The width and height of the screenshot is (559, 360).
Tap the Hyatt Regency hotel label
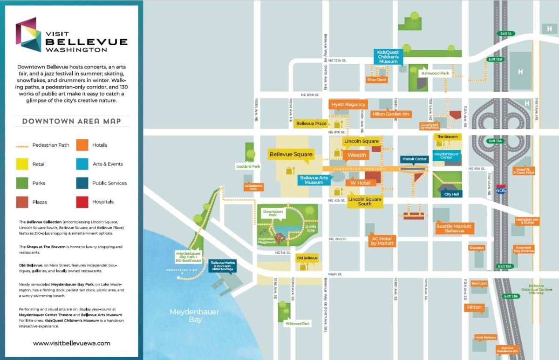(x=348, y=105)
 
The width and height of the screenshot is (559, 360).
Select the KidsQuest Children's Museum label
(x=388, y=56)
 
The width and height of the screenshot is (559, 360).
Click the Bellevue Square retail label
(x=291, y=154)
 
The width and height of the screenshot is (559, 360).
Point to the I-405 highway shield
(x=501, y=189)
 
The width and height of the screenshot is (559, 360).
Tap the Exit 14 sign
(x=505, y=34)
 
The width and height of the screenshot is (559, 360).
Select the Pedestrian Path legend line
(x=22, y=145)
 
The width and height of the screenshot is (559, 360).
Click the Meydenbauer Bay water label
(x=194, y=315)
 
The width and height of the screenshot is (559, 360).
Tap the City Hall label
(x=451, y=194)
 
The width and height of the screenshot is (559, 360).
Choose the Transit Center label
(x=414, y=159)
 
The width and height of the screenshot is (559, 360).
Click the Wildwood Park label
(x=297, y=323)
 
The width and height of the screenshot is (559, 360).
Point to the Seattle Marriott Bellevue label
(x=454, y=228)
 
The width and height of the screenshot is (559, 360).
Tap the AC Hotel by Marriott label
(x=382, y=241)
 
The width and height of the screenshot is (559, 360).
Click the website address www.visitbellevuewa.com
(x=72, y=343)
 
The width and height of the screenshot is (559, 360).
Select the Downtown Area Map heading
(x=71, y=122)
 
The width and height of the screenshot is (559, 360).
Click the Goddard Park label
(x=251, y=166)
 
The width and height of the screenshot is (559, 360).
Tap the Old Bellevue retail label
(x=307, y=258)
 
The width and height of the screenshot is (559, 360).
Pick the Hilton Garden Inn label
(x=390, y=114)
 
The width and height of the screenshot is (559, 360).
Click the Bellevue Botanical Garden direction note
(x=536, y=289)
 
